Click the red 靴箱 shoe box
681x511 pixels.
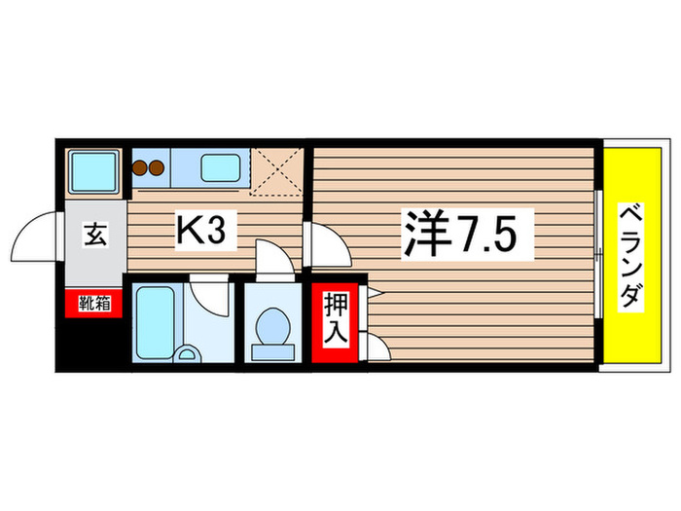pos(94,304)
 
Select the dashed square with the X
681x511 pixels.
pos(276,171)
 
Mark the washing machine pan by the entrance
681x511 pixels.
pos(94,171)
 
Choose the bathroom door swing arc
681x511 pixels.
pos(209,291)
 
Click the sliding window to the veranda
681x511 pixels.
pos(598,254)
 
